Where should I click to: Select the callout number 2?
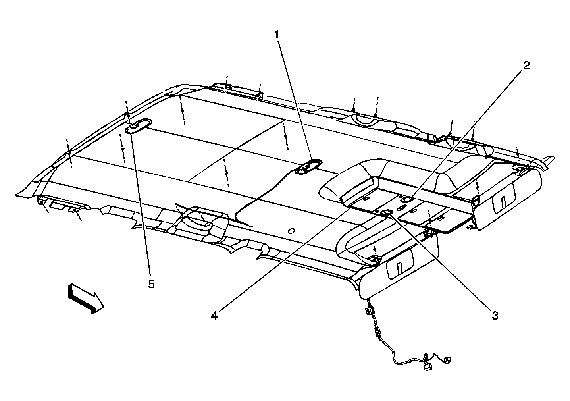coord(526,66)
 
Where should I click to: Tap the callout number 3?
coord(495,316)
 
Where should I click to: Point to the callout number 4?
coord(214,316)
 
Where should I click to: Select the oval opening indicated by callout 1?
coord(308,167)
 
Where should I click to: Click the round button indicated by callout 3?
coord(387,214)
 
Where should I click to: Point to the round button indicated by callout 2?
coord(406,200)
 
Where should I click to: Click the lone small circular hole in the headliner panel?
coord(291,231)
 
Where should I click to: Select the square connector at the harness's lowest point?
coord(428,367)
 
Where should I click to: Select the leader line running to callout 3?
coord(441,264)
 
